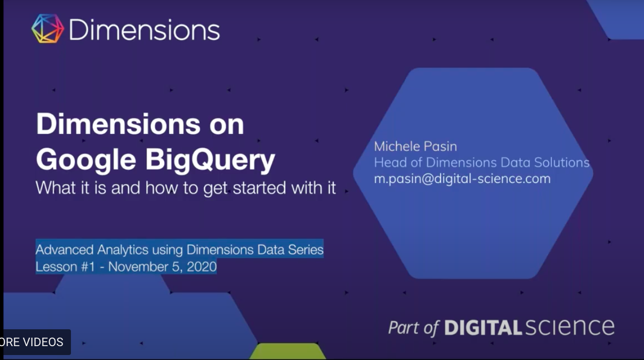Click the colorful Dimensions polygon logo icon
(x=48, y=29)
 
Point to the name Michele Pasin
(x=415, y=146)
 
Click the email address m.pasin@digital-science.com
(x=462, y=179)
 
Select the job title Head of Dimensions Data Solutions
(x=481, y=162)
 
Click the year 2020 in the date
(x=201, y=267)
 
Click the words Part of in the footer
(x=414, y=328)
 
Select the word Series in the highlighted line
(x=306, y=249)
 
